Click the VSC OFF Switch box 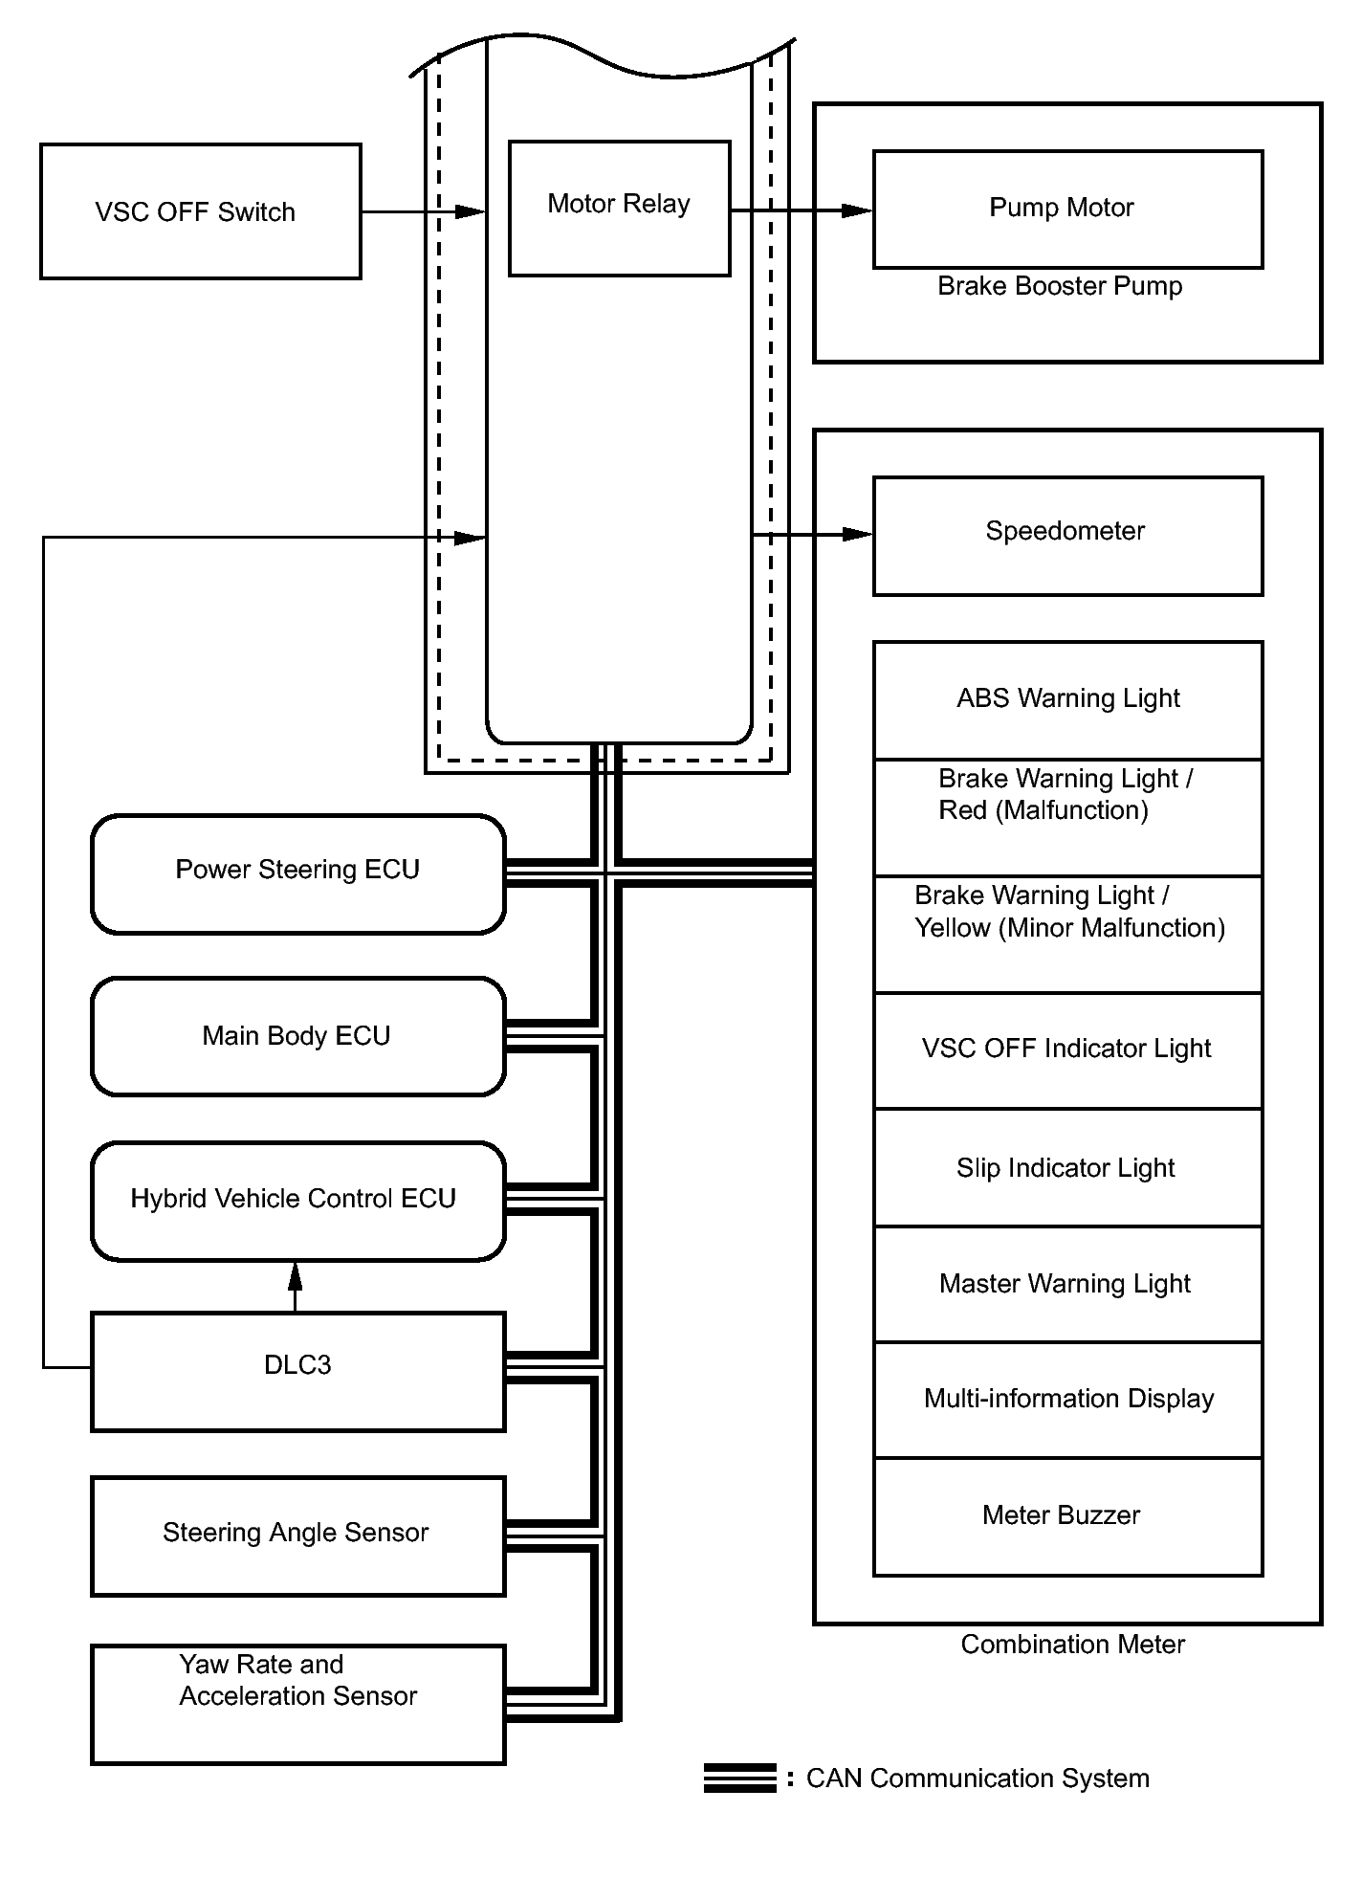coord(201,211)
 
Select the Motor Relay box coord(619,208)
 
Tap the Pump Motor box coord(1067,209)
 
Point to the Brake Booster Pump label coord(1060,286)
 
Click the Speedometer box coord(1067,535)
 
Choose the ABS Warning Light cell coord(1067,699)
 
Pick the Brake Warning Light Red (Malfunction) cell coord(1067,816)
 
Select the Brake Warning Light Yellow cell coord(1067,933)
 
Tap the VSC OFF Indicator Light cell coord(1067,1049)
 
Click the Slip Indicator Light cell coord(1067,1167)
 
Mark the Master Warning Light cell coord(1067,1283)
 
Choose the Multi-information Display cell coord(1067,1399)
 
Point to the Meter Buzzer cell coord(1067,1515)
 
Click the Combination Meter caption coord(1072,1645)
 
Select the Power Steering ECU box coord(297,873)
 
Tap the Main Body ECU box coord(297,1036)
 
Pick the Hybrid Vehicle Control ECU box coord(297,1200)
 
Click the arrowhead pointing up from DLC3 coord(296,1274)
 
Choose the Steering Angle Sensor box coord(297,1535)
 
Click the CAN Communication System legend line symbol coord(739,1778)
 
